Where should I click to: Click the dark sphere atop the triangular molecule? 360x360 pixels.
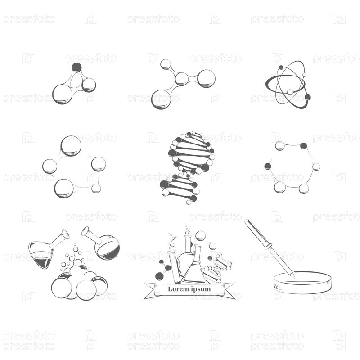[x=76, y=67]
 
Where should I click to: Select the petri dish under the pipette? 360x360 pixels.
[x=302, y=283]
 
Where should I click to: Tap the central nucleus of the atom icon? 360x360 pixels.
[x=290, y=92]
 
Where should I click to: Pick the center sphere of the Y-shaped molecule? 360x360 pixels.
[x=182, y=79]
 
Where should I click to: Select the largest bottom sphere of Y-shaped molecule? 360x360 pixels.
[x=161, y=99]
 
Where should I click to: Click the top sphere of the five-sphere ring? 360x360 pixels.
[x=71, y=146]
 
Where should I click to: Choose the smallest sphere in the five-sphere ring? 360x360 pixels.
[x=96, y=189]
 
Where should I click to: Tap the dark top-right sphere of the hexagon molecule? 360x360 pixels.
[x=303, y=146]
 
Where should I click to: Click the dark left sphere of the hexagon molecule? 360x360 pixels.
[x=267, y=166]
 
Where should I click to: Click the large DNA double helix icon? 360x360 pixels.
[x=187, y=167]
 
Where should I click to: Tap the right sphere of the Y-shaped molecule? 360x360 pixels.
[x=206, y=78]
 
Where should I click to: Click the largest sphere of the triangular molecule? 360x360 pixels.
[x=63, y=94]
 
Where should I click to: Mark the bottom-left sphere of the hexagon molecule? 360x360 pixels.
[x=280, y=187]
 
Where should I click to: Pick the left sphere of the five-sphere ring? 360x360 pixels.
[x=49, y=166]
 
